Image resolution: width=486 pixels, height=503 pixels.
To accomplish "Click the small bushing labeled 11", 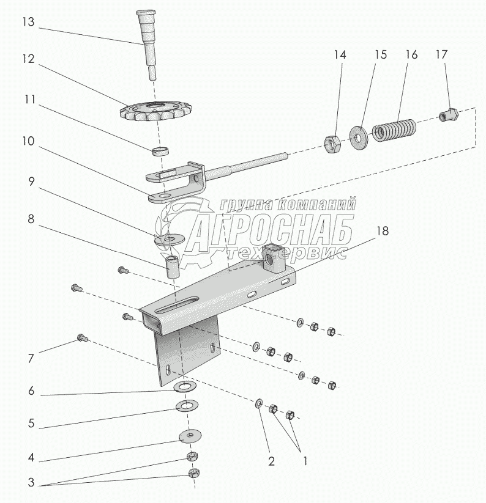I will click(160, 150).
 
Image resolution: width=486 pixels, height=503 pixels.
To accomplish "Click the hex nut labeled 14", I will click(332, 144).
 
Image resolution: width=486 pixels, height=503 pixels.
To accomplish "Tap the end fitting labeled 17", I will click(449, 114).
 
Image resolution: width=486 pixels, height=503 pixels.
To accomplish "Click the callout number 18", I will click(382, 231).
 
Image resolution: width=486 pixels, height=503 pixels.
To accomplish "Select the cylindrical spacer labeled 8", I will click(171, 266).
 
